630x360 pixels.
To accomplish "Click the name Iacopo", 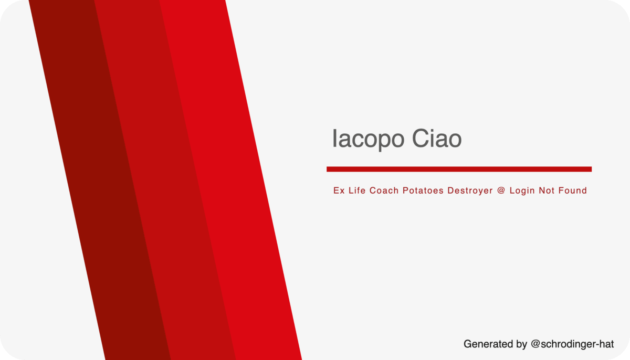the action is point(369,139).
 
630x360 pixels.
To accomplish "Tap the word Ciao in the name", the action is point(437,138).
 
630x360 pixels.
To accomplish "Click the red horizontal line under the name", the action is point(459,169).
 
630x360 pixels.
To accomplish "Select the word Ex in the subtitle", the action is point(339,190).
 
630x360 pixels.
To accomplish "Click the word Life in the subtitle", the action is point(356,190).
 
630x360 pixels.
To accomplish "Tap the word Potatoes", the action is point(423,190).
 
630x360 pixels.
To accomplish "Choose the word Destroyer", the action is point(470,191).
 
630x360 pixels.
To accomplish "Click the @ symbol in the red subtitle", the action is point(501,190).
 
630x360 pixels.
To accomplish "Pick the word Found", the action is point(573,190).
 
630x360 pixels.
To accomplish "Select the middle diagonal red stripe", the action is point(164,180).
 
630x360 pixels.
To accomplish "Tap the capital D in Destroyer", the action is point(451,190).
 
